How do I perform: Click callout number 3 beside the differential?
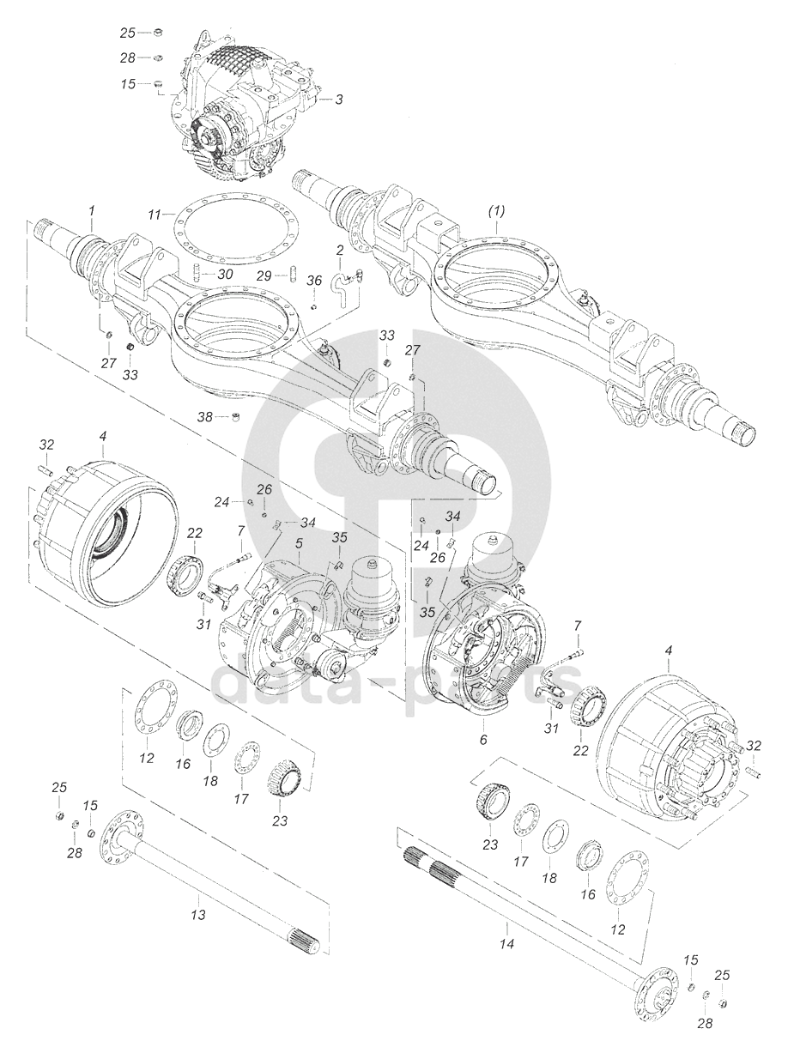(x=339, y=100)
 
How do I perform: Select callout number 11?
(x=154, y=213)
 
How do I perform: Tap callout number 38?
(x=205, y=418)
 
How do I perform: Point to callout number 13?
(x=198, y=915)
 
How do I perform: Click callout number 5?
(x=299, y=543)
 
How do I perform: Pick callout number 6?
(x=482, y=737)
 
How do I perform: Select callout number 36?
(x=314, y=281)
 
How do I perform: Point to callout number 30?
(x=225, y=274)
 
